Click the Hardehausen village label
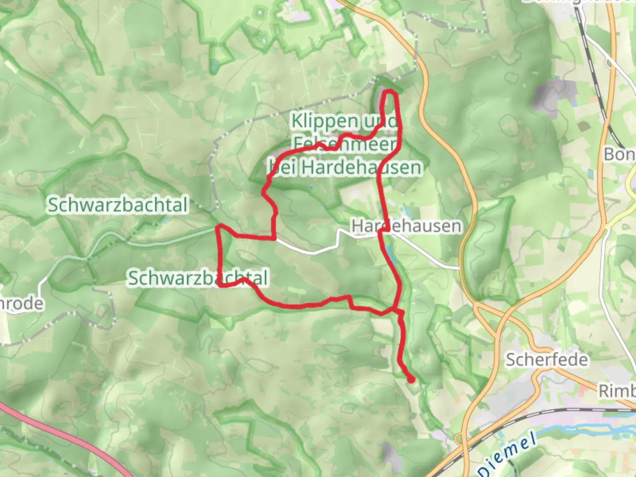pos(406,226)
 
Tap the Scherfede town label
pos(546,360)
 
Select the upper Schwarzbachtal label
pos(117,205)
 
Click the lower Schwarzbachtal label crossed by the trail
pos(198,278)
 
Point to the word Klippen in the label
pos(325,121)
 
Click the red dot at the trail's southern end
pos(411,379)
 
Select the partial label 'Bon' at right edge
pos(619,154)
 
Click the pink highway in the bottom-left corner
pos(66,437)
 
